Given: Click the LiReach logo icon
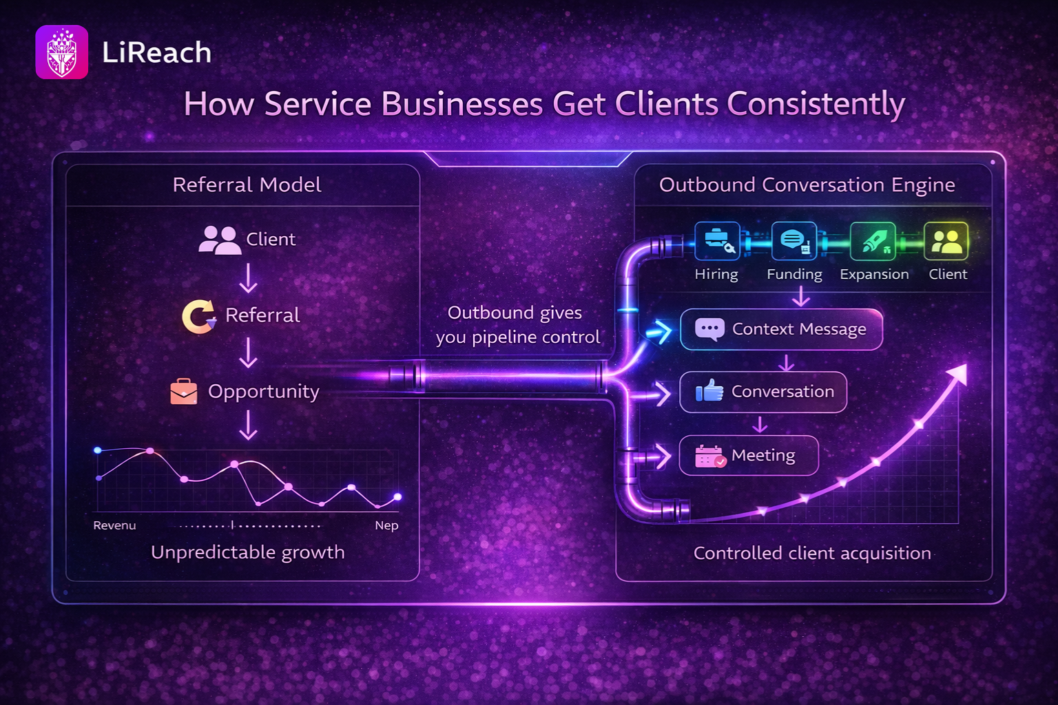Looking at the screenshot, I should (61, 52).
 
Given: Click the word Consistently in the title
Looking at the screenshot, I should (816, 105).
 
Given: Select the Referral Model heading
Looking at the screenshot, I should (247, 185).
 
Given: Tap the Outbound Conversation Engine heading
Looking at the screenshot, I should (807, 185).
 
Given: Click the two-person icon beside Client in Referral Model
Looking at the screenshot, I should (218, 240).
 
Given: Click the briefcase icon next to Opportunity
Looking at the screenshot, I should (184, 391).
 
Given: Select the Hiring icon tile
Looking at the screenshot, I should (717, 241).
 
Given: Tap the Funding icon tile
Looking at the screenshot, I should (794, 241).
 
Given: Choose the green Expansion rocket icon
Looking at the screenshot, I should (873, 241).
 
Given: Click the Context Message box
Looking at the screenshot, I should (781, 329).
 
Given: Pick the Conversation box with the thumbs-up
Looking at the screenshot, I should (763, 392).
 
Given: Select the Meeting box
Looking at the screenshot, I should (749, 455).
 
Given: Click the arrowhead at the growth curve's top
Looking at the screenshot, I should (958, 375).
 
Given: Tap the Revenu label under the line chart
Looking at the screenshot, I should (114, 525).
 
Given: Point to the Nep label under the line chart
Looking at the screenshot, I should (386, 525).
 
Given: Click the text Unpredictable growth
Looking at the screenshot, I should (247, 552).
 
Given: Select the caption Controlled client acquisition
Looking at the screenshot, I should (812, 553).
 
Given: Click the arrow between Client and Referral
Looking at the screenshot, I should (248, 278).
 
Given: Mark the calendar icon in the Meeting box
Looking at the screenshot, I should (710, 456).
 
